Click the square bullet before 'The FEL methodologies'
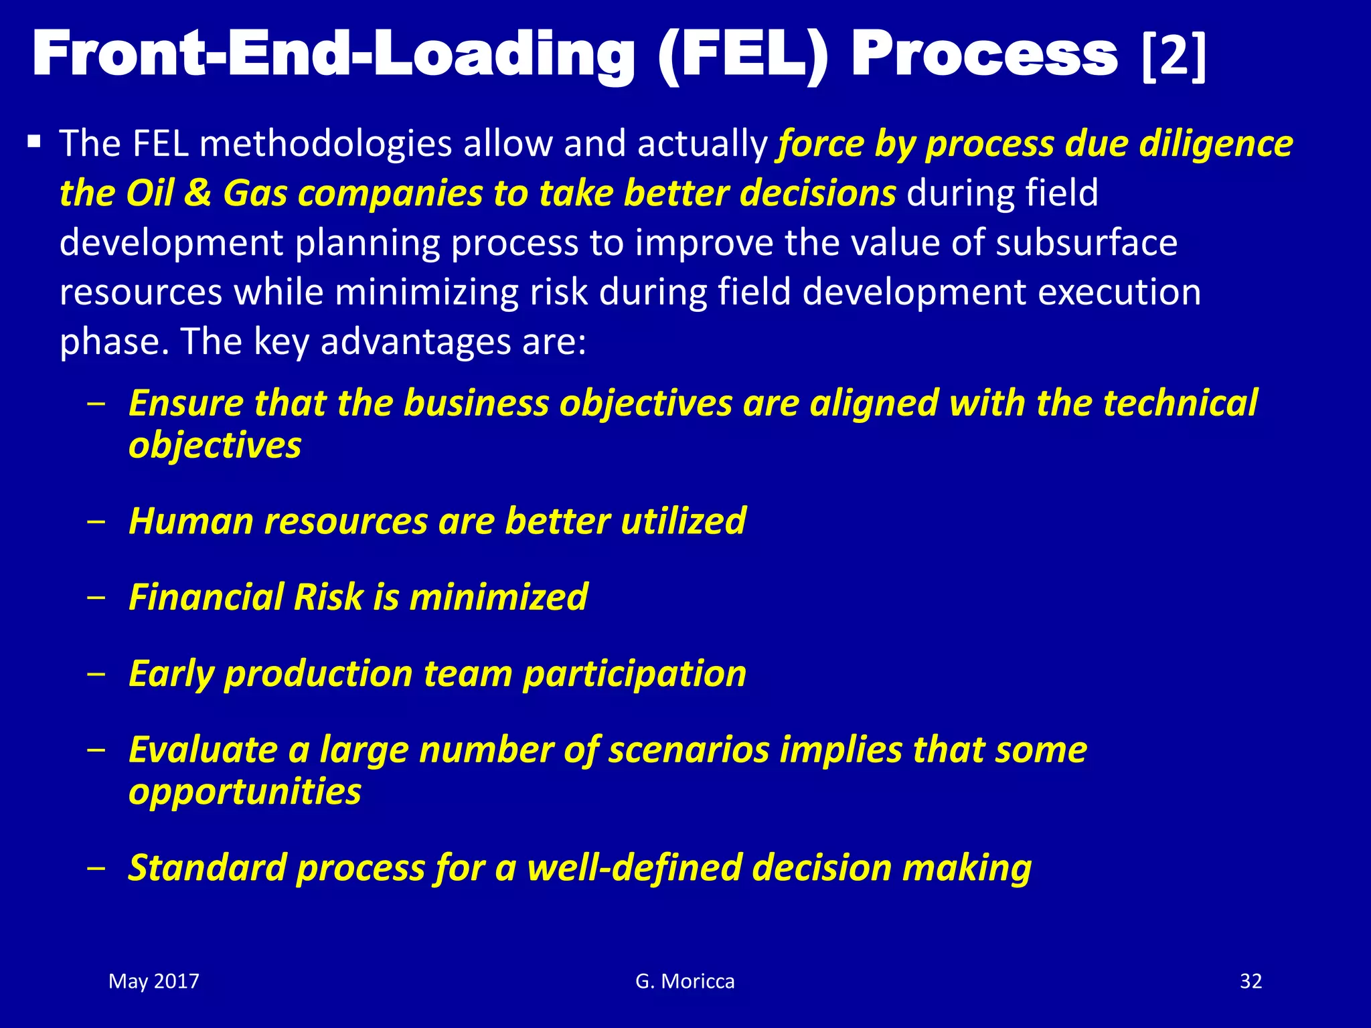point(34,142)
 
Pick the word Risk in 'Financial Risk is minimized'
point(327,597)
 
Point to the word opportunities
point(244,792)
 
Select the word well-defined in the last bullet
point(635,867)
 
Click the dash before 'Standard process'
point(96,868)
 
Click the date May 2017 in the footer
point(154,981)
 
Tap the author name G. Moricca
point(685,981)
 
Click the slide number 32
point(1251,981)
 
